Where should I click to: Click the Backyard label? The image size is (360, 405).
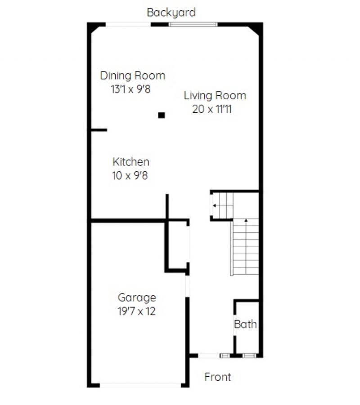point(171,13)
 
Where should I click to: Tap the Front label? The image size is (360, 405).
point(217,377)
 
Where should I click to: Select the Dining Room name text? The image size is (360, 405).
point(132,76)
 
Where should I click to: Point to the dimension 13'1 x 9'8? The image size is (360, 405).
point(130,89)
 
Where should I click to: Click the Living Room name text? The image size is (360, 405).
point(215,96)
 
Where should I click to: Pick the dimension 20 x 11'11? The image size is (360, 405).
point(212,109)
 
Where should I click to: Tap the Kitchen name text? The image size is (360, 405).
point(131,162)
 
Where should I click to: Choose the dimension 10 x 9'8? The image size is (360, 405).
point(130,176)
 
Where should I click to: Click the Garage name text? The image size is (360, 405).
point(137,298)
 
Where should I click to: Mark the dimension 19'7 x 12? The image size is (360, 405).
point(136,311)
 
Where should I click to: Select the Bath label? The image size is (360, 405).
point(245,324)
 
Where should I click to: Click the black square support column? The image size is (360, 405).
point(162,115)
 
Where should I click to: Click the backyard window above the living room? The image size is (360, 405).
point(193,24)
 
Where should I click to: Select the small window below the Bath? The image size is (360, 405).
point(249,356)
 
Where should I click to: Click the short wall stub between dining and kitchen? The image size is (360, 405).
point(99,130)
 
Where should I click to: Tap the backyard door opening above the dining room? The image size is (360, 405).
point(128,24)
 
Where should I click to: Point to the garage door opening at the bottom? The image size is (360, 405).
point(140,385)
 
